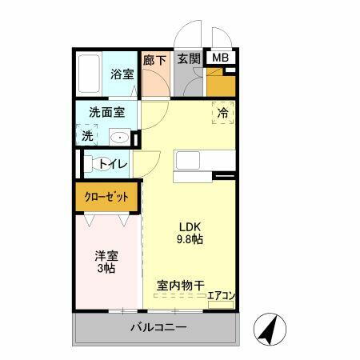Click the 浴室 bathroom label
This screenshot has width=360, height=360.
coord(122,74)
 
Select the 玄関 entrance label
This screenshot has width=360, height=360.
coord(188,58)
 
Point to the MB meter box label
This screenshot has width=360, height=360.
coord(219,58)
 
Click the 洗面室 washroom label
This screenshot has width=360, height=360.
coord(106,114)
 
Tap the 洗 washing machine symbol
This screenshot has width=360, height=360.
coord(87,136)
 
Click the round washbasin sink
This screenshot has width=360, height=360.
coord(119,137)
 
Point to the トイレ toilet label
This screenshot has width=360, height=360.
coord(113,165)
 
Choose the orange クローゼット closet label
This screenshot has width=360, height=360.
coord(107,196)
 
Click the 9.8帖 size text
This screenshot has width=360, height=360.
coord(190,238)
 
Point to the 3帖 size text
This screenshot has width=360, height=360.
coord(106,269)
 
